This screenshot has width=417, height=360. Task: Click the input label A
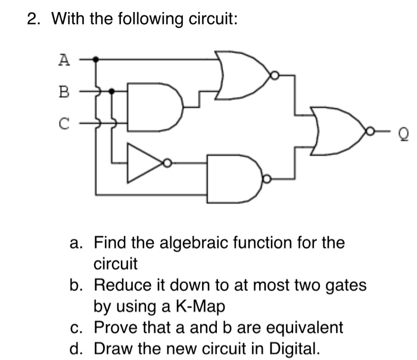[64, 59]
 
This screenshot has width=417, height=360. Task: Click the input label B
[64, 92]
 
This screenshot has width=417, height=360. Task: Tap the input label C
[64, 124]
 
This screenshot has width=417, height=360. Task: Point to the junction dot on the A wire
[98, 59]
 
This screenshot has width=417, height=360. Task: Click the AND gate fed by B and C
[153, 108]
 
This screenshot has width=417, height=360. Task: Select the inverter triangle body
[144, 162]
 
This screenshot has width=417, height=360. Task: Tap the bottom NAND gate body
[233, 178]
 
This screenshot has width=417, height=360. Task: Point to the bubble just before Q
[370, 130]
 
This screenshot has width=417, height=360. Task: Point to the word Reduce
[119, 285]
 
